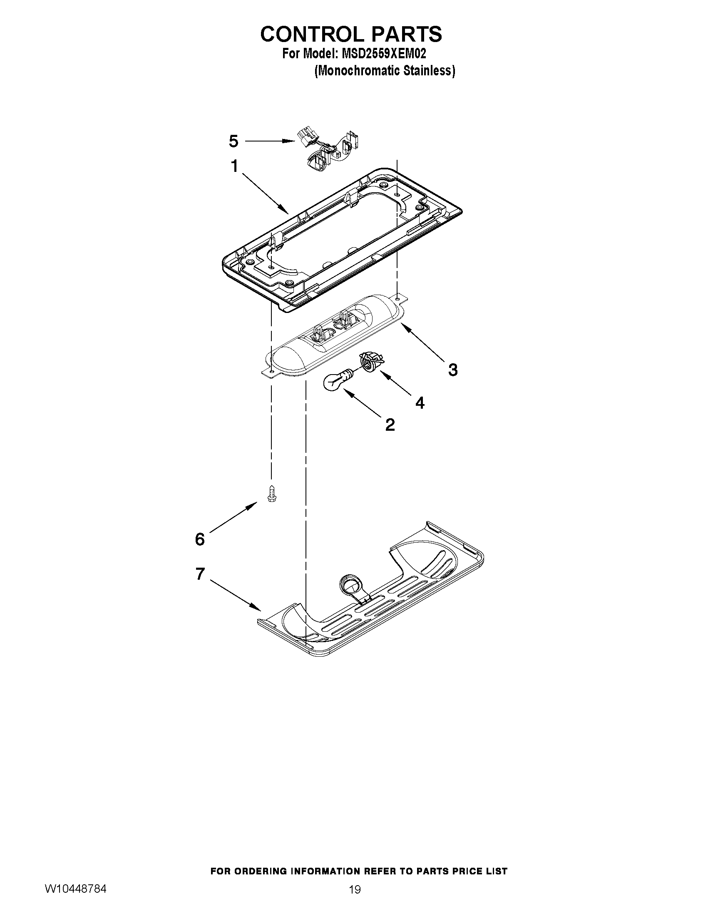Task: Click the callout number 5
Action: click(x=234, y=141)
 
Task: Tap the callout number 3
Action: click(x=452, y=370)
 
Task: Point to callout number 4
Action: click(x=420, y=403)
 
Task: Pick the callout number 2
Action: click(x=390, y=425)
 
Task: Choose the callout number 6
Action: click(x=200, y=539)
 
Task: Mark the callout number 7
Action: click(x=200, y=574)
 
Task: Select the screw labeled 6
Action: click(x=271, y=494)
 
